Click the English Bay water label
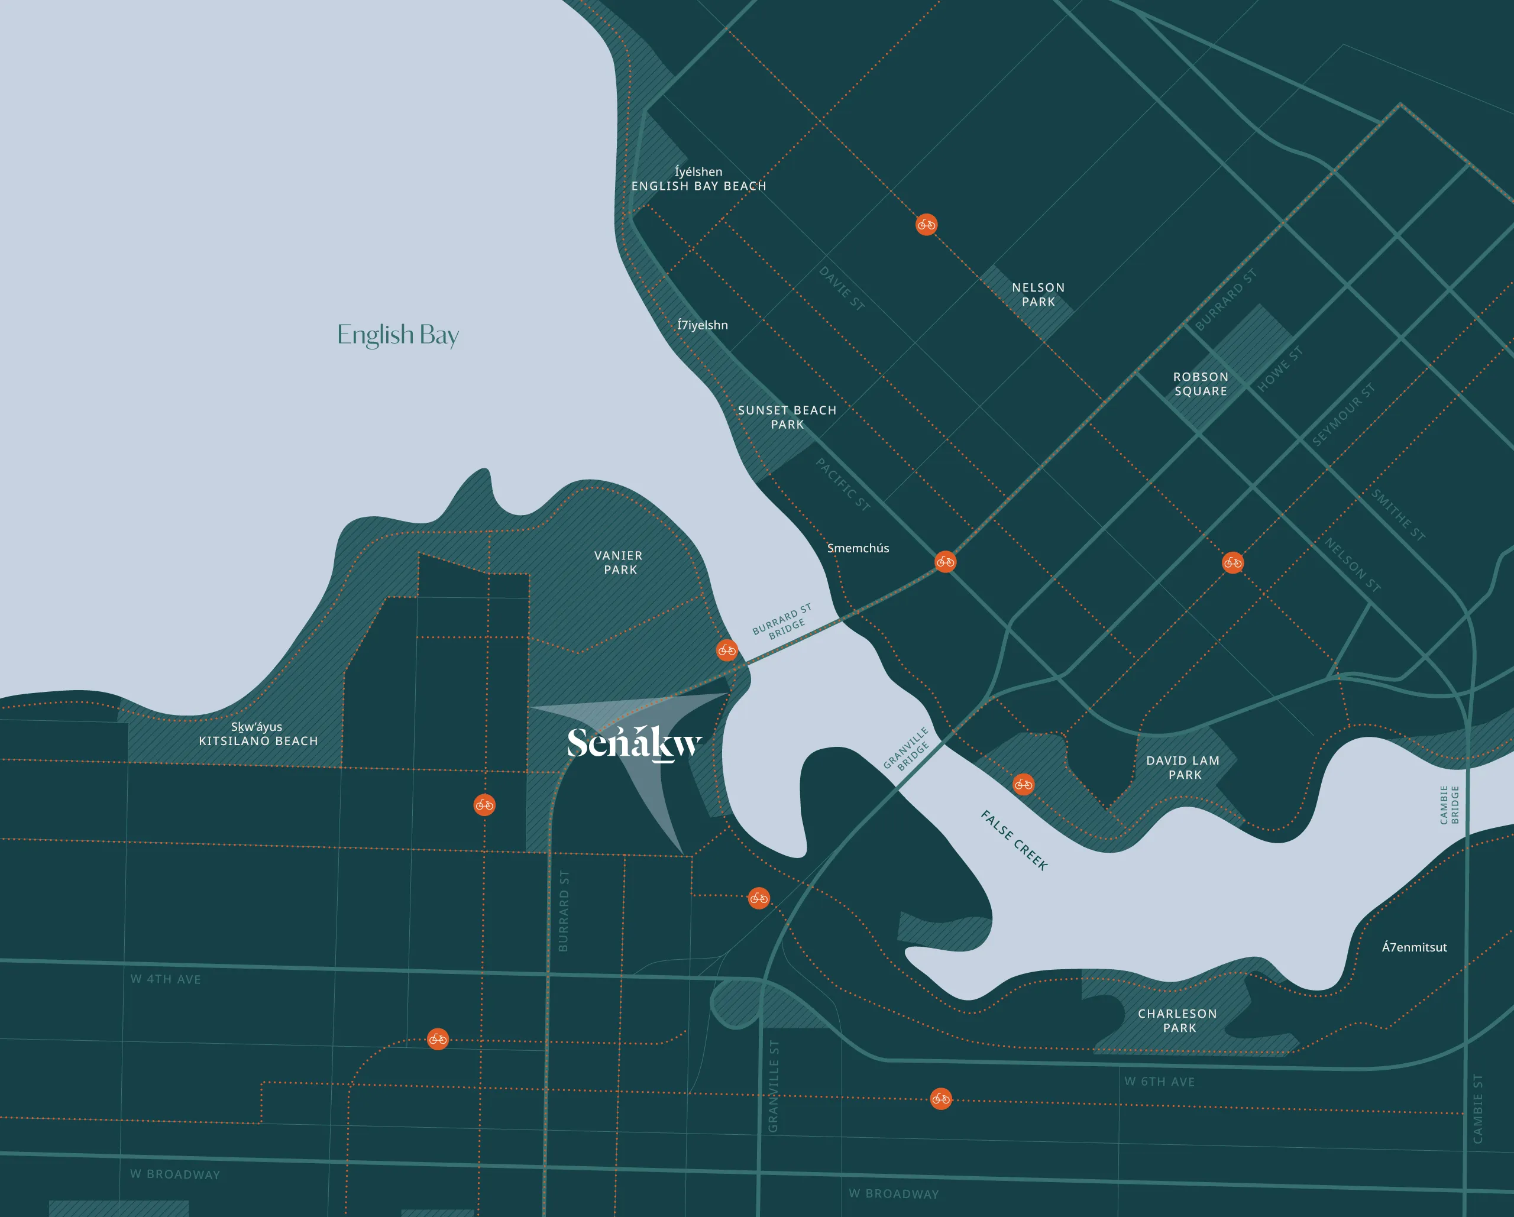pos(397,335)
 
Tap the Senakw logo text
pos(634,744)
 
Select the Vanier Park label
pos(619,562)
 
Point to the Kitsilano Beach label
pos(258,734)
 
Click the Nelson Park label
pos(1038,295)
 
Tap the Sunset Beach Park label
pos(787,417)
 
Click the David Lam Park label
pos(1183,768)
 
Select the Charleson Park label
pos(1177,1020)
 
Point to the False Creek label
pos(1014,840)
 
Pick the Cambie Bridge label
pos(1449,805)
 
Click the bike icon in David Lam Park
pos(1023,784)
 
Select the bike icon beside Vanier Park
pos(727,650)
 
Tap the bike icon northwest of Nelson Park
pos(926,225)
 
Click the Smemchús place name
pos(858,548)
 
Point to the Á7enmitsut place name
pos(1414,947)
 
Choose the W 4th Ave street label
pos(166,979)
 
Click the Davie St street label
pos(841,288)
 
